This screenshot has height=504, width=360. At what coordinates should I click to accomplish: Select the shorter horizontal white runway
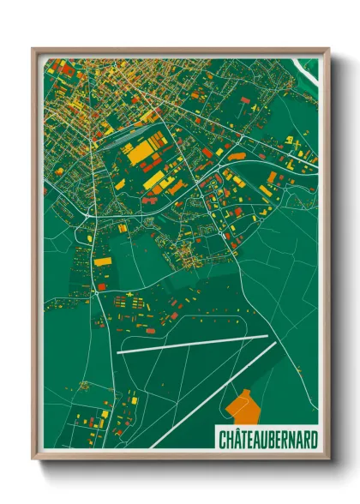tap(193, 345)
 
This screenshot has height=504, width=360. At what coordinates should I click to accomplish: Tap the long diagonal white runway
tap(214, 394)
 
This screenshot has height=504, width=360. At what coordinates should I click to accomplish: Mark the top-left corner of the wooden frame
tap(33, 49)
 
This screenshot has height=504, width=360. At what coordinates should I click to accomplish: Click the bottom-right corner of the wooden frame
tap(327, 459)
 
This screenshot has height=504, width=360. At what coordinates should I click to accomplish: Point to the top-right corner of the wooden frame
tap(327, 49)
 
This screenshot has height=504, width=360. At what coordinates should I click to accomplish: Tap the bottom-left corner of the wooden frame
tap(33, 459)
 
